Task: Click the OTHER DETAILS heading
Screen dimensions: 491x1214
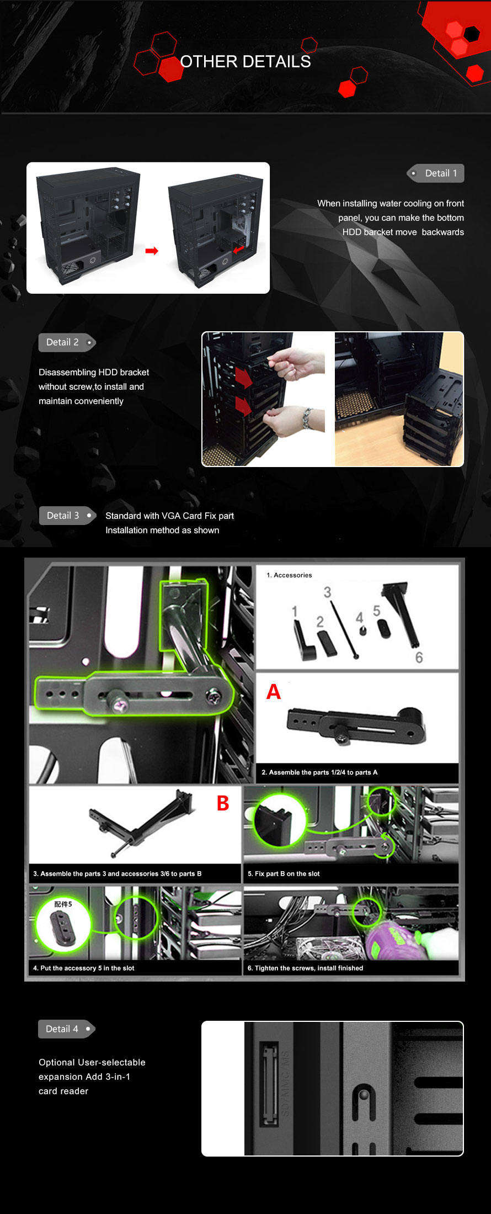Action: (245, 61)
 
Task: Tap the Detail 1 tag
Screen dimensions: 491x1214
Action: (435, 173)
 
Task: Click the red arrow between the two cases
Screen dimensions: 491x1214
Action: (152, 251)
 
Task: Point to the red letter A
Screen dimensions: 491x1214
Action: (274, 692)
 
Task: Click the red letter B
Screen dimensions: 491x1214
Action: (223, 803)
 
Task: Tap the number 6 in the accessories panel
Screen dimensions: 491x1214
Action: (419, 658)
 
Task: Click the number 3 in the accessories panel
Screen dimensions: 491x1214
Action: (327, 592)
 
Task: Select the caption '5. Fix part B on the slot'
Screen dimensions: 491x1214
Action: (284, 874)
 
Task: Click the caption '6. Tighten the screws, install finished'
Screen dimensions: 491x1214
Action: (305, 968)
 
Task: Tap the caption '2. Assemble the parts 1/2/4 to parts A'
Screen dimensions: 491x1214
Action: (319, 772)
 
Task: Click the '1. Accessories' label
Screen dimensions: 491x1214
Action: (289, 575)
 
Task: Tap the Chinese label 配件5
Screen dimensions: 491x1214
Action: (63, 904)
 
